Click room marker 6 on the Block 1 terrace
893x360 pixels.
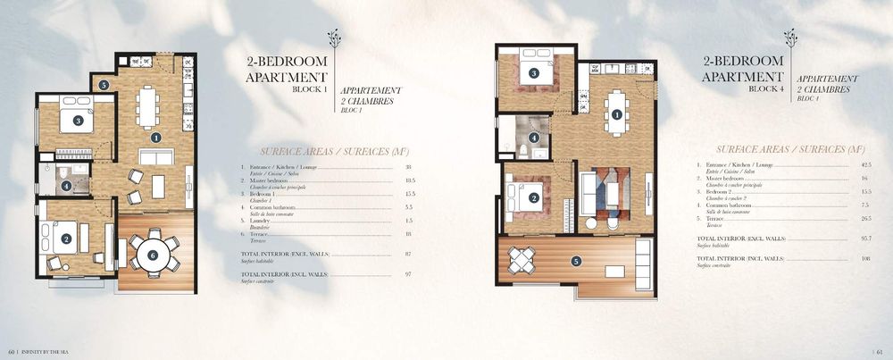(152, 255)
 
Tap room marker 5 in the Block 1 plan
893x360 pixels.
(104, 85)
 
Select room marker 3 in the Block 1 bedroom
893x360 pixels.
(78, 121)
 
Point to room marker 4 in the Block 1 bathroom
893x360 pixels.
(67, 186)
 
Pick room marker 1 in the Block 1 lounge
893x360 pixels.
(155, 138)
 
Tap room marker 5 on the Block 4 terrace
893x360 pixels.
(576, 261)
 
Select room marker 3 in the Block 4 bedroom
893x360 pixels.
(533, 73)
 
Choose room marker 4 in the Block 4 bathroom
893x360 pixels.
(534, 138)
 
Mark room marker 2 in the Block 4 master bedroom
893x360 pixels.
(534, 198)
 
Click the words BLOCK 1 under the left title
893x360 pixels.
(312, 90)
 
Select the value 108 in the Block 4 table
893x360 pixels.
(840, 258)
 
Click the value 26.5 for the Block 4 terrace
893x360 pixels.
(840, 218)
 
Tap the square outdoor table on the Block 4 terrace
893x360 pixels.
(521, 260)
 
